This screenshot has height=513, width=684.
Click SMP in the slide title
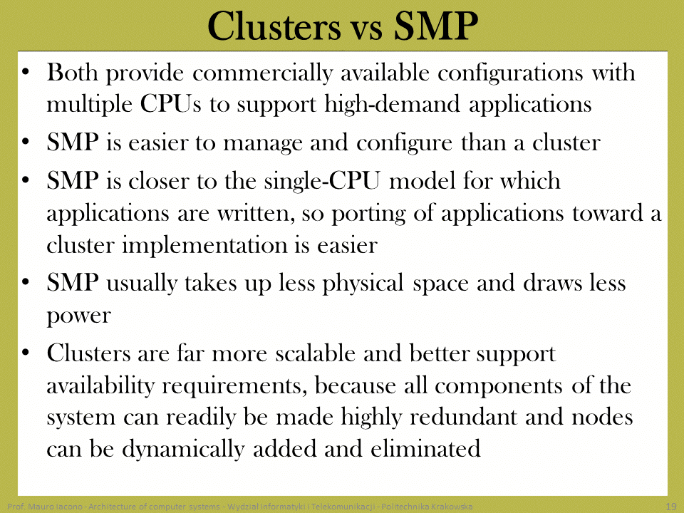click(436, 26)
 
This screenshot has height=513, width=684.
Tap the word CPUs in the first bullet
click(170, 104)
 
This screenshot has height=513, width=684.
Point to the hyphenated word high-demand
click(392, 104)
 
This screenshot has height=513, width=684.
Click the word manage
click(263, 143)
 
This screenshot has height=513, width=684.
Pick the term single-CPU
click(322, 181)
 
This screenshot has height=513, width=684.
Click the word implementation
click(204, 246)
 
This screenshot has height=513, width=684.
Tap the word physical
click(363, 284)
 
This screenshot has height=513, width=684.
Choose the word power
click(78, 316)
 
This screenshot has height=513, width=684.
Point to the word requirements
click(234, 386)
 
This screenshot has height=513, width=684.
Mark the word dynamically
click(183, 450)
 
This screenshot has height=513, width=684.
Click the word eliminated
click(426, 449)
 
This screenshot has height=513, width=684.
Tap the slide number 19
click(671, 507)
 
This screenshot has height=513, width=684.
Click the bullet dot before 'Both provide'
click(26, 71)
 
